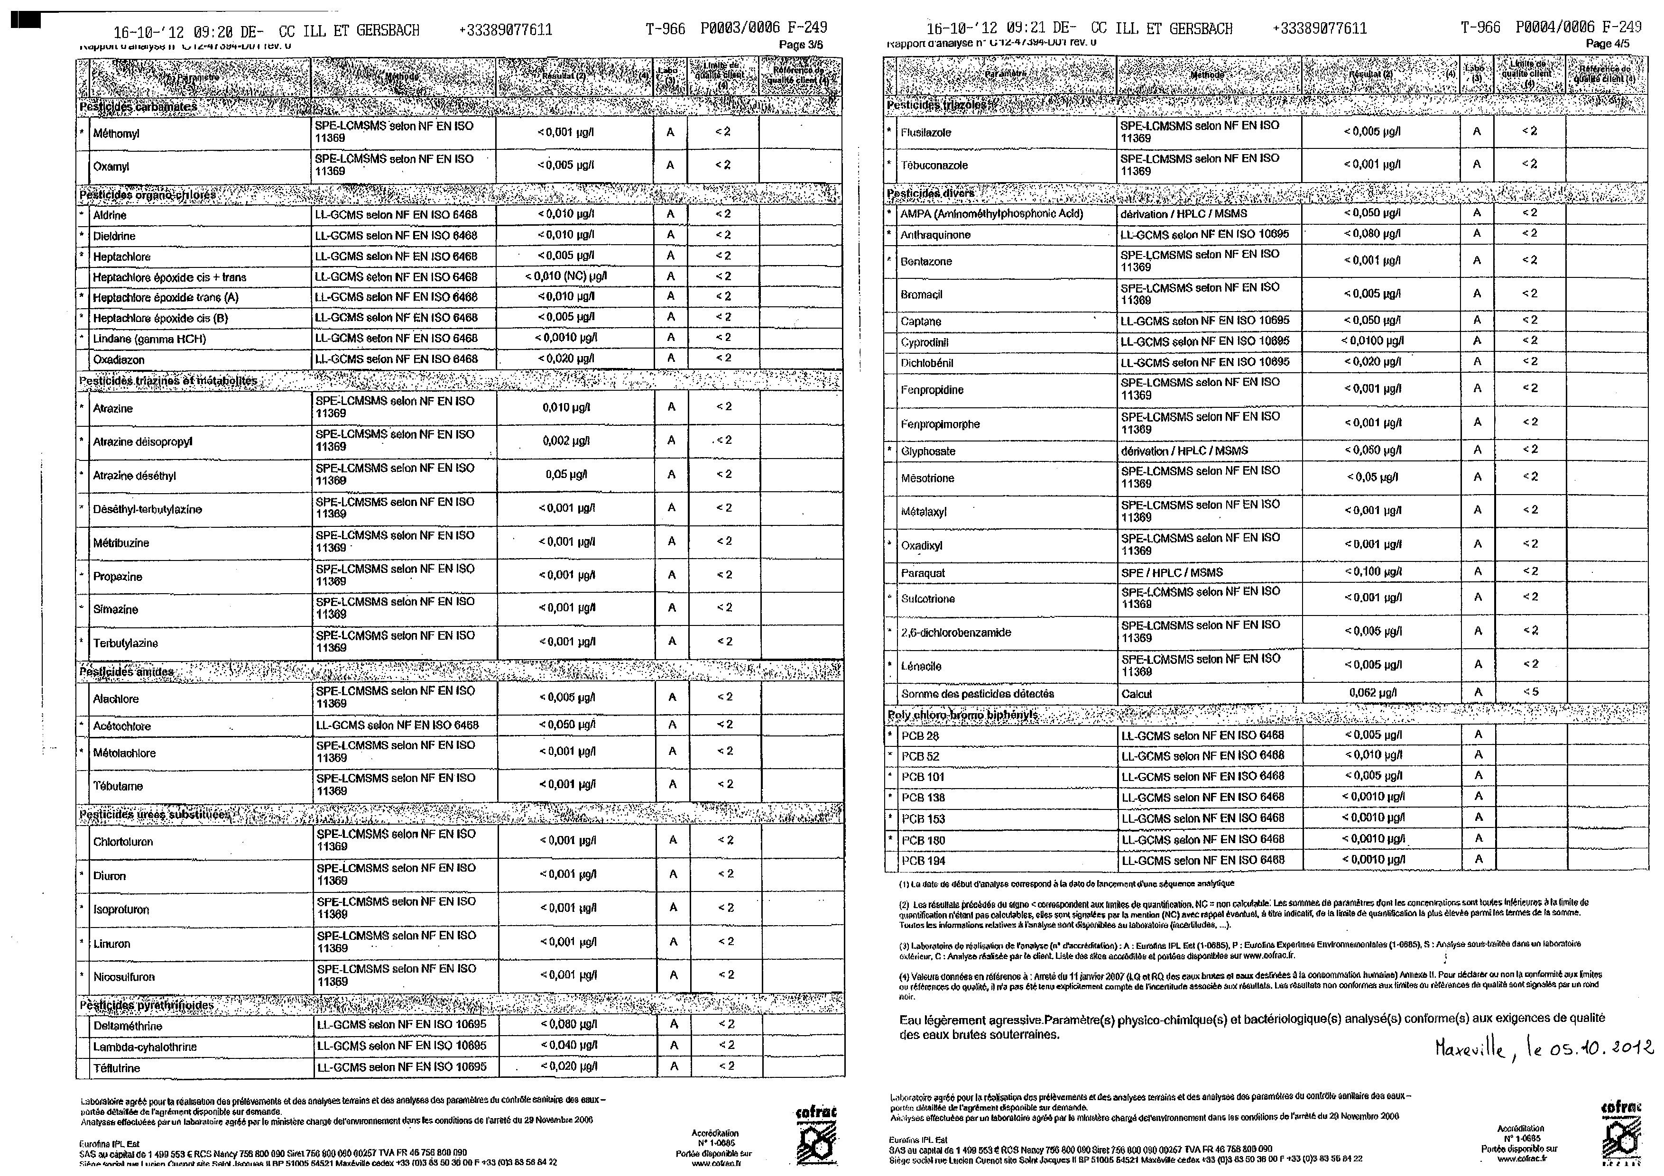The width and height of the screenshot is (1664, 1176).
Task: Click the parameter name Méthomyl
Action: [x=116, y=133]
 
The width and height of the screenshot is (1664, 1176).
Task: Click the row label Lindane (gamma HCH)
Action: [x=149, y=339]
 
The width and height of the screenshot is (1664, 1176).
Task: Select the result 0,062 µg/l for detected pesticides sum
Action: [x=1373, y=693]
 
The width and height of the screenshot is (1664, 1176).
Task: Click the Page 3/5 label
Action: [x=800, y=45]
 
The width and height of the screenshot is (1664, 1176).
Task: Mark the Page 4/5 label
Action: [x=1608, y=44]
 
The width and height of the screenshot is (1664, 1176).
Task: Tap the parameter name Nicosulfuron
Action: [x=124, y=977]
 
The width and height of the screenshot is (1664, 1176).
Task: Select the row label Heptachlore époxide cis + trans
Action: [x=170, y=277]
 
